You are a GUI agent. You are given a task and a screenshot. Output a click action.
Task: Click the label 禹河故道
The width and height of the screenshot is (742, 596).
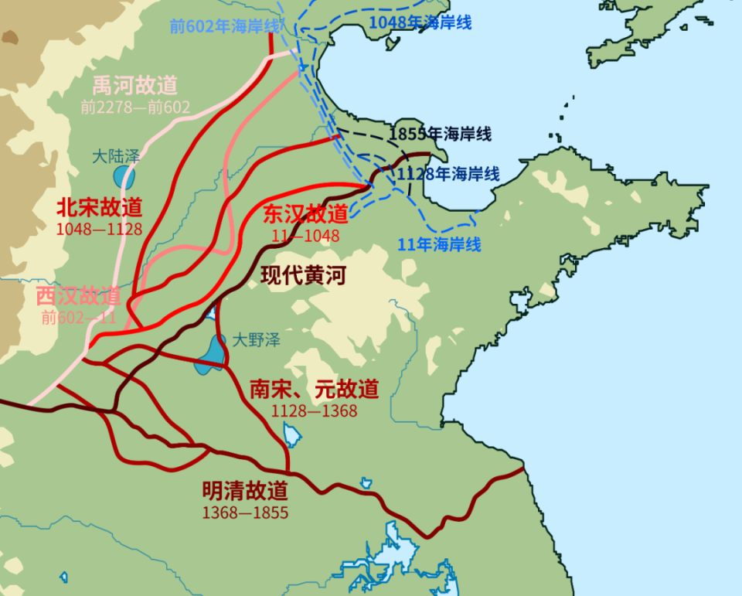point(135,85)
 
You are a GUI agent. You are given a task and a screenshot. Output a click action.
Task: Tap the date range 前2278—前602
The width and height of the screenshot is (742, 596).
point(135,107)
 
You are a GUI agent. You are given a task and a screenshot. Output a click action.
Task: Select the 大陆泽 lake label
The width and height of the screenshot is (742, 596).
point(115,156)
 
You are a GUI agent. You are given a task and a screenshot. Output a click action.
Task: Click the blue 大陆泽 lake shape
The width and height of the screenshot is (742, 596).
point(124,177)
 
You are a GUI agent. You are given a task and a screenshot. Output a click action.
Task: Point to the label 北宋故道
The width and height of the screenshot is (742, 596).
point(100,207)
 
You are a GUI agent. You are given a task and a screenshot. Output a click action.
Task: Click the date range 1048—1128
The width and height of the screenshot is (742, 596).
point(99,229)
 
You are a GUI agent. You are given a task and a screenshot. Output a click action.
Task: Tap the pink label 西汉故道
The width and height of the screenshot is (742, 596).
point(78,296)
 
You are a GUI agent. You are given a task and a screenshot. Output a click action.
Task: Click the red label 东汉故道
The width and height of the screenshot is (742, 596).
point(306,214)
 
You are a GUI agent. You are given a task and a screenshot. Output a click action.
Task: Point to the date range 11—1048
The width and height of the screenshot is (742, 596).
point(305,235)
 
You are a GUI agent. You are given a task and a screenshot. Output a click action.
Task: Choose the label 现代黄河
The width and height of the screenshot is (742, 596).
point(303,276)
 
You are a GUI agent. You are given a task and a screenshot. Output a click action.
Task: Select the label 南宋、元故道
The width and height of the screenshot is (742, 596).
point(314,390)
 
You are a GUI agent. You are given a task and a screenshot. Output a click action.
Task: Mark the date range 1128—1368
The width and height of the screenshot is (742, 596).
point(314,411)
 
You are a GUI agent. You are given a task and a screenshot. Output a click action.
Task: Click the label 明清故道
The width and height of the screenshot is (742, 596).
point(245,491)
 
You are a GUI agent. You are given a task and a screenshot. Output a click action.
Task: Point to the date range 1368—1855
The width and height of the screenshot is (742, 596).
point(245,513)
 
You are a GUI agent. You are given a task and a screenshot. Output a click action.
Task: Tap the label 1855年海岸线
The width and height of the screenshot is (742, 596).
point(441,134)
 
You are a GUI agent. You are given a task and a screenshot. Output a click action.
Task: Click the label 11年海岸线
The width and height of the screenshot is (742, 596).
point(440,245)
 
